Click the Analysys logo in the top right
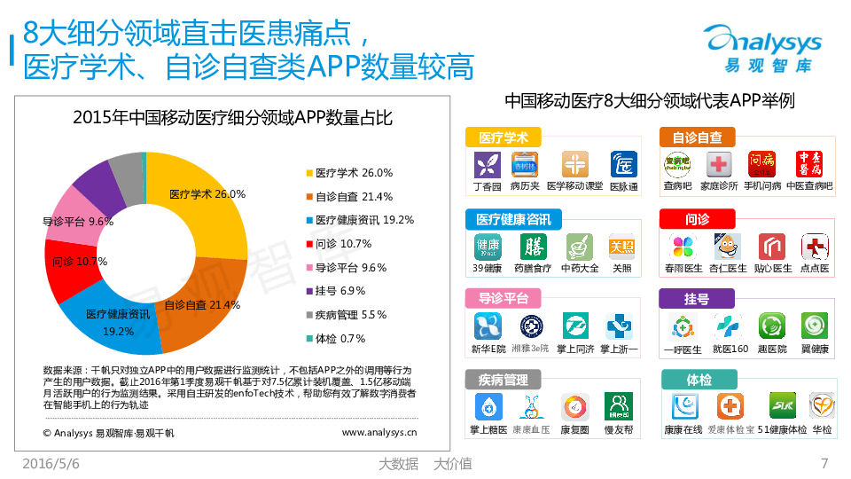point(762,49)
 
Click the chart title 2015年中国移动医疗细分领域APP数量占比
point(232,118)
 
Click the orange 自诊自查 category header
point(697,137)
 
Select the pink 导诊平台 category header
point(504,299)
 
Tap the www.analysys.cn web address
point(379,432)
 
